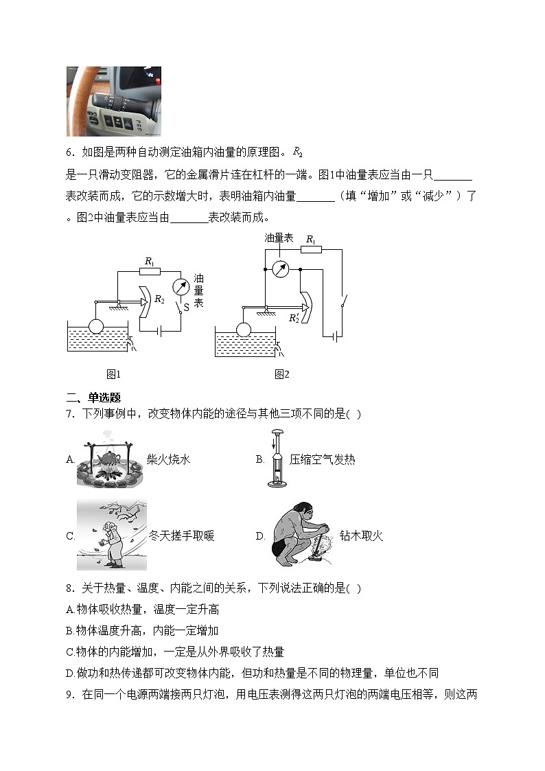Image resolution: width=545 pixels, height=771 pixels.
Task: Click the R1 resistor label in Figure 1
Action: point(148,261)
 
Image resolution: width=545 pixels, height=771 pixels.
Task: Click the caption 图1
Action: point(113,374)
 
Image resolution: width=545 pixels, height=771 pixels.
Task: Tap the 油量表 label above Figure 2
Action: point(279,238)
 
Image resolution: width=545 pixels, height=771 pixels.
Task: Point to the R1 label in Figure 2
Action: point(311,240)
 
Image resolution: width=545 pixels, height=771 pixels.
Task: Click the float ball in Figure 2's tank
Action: point(243,330)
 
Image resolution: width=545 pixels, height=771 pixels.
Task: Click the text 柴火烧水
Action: point(168,459)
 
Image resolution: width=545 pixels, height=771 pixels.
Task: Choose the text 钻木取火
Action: point(361,536)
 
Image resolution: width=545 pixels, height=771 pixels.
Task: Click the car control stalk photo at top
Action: point(114,102)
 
